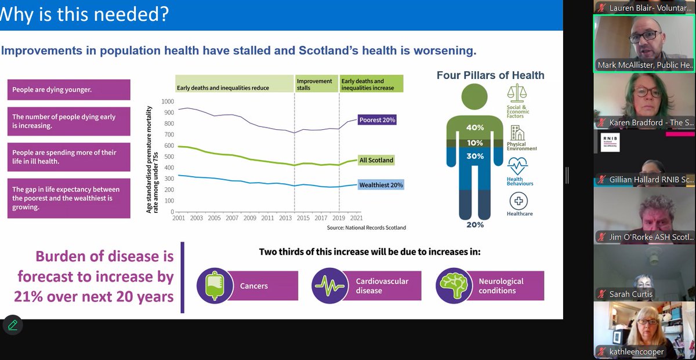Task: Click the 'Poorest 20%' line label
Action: tap(377, 121)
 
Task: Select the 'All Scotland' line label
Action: tap(376, 161)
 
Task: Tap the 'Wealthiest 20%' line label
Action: tap(380, 186)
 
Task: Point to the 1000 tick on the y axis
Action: tap(168, 101)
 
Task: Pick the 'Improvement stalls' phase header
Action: tap(315, 85)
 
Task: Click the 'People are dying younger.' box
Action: tap(68, 90)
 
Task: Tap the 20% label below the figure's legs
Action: tap(476, 225)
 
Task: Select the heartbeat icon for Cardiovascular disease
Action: tap(329, 286)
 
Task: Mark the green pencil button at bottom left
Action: tap(12, 325)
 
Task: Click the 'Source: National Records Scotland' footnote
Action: tap(366, 228)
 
